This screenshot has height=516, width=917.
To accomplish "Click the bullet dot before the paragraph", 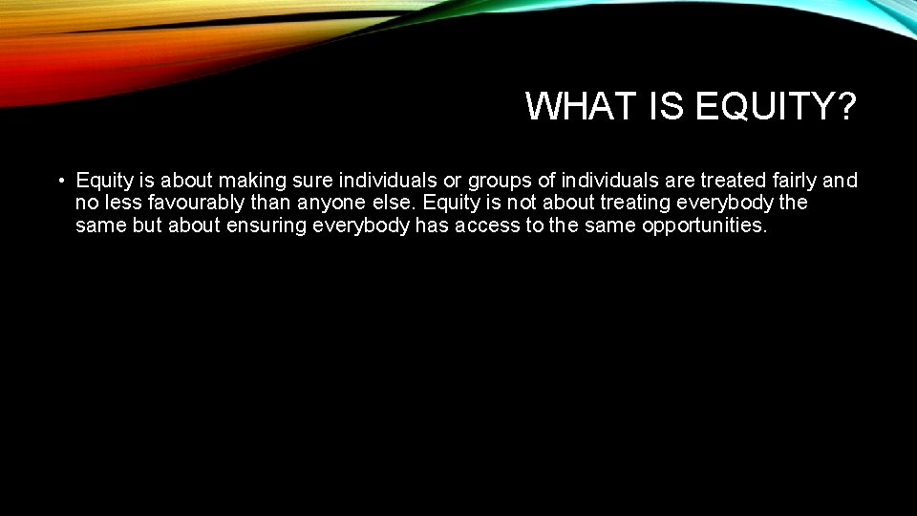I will [59, 181].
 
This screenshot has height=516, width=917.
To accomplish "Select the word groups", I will [498, 180].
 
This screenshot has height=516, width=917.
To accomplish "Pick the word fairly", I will [787, 180].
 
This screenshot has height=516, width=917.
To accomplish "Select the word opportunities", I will [705, 226].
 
